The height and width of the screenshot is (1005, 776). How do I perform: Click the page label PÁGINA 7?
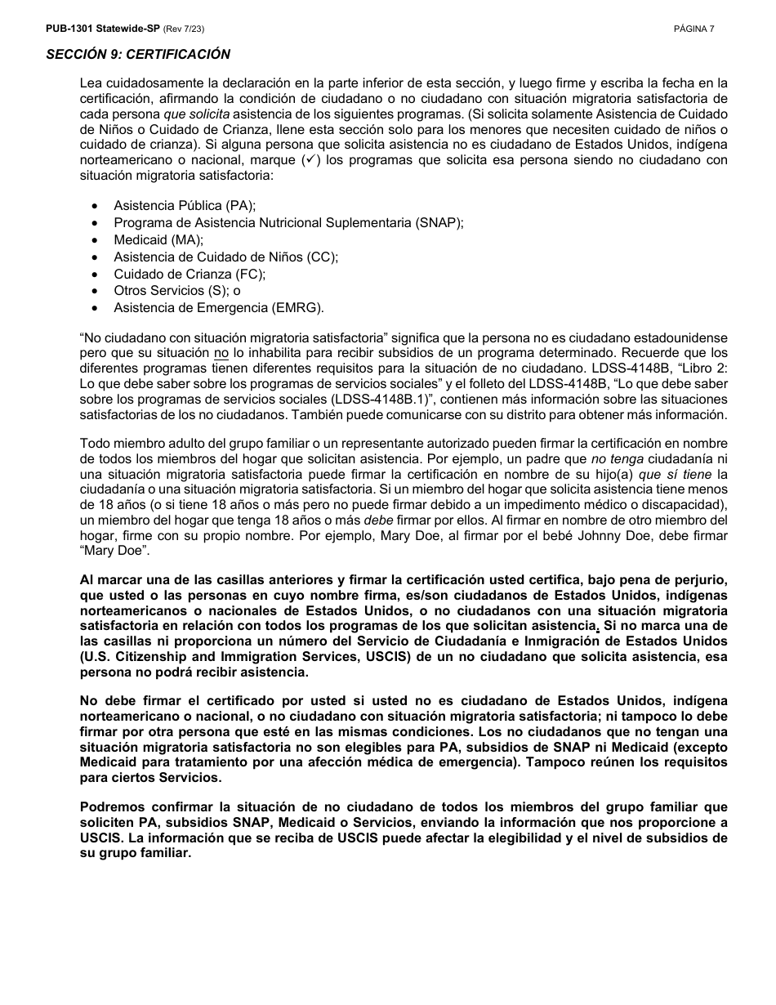(x=694, y=29)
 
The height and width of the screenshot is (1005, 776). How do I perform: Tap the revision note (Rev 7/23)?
(x=184, y=29)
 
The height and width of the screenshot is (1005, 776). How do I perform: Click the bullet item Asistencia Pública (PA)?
(x=185, y=206)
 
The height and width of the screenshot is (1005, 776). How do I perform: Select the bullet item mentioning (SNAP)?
(x=288, y=223)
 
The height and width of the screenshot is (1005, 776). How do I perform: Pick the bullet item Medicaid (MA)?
(x=158, y=240)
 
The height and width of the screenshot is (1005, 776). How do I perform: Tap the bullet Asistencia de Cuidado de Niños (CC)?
(x=225, y=257)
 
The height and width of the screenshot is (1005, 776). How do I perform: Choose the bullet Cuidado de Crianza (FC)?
(x=190, y=274)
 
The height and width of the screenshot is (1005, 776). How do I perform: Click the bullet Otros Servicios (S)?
(x=176, y=291)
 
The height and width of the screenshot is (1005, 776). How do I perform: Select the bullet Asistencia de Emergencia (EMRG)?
(x=219, y=308)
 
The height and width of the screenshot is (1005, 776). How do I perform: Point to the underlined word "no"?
(x=221, y=353)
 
